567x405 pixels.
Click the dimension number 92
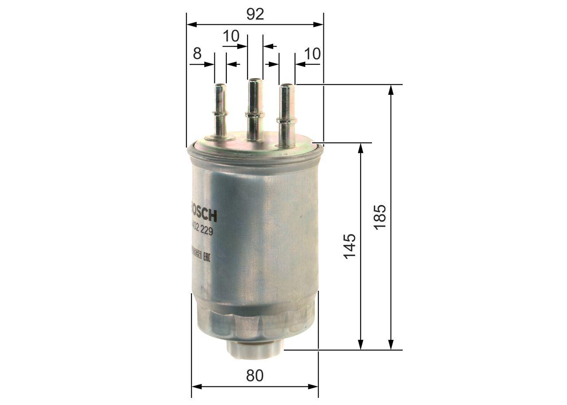[255, 14]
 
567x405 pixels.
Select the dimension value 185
[381, 217]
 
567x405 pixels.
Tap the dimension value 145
[350, 246]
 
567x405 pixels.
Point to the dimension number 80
[255, 375]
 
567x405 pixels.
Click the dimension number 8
[197, 54]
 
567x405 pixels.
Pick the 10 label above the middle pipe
[231, 36]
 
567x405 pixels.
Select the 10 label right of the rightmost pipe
[312, 54]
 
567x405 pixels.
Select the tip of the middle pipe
[254, 80]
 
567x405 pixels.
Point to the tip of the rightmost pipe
[287, 86]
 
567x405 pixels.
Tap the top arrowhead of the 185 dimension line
[391, 89]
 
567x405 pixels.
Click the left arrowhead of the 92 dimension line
[191, 24]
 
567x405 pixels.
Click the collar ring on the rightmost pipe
[287, 120]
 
